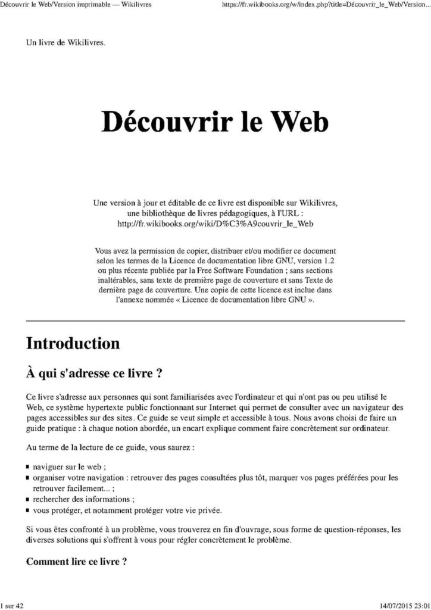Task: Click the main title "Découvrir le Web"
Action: (215, 122)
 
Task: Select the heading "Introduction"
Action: (73, 344)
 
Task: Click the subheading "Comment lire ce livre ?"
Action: (76, 562)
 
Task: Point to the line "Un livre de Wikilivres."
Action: (65, 43)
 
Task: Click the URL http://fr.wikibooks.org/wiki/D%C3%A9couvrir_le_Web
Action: (215, 223)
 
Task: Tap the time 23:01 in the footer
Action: (420, 605)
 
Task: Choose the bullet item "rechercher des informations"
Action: (83, 499)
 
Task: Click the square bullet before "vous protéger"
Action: (28, 511)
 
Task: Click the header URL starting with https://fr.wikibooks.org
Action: (325, 5)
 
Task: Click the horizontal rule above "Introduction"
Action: (215, 320)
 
